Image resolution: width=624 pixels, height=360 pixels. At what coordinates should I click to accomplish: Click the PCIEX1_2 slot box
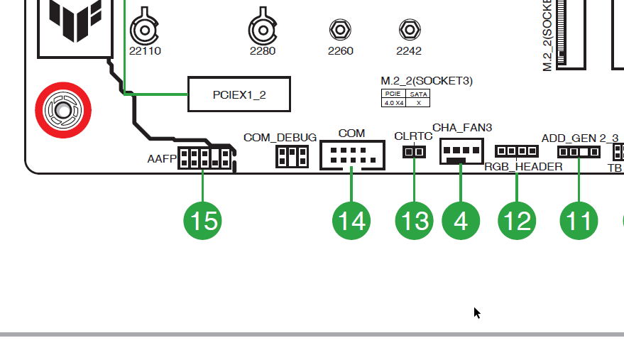[x=239, y=94]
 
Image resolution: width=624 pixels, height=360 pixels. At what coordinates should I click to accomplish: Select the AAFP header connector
[x=204, y=157]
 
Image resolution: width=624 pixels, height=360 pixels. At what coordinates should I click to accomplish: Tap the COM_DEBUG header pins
[x=292, y=157]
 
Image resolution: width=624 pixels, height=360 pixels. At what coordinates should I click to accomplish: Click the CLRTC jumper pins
[x=414, y=152]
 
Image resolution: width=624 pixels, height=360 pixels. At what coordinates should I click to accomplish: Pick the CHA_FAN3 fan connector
[x=461, y=151]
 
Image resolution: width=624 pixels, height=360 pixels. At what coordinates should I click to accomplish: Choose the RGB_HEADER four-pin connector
[x=516, y=151]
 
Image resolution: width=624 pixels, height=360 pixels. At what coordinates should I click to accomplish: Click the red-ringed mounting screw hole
[x=62, y=110]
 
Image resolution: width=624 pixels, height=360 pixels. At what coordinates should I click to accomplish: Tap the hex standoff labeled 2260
[x=340, y=30]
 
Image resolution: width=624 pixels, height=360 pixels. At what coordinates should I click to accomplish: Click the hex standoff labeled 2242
[x=408, y=30]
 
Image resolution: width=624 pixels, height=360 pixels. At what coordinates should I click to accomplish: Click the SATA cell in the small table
[x=418, y=94]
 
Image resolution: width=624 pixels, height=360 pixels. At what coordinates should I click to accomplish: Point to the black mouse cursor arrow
[x=477, y=312]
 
